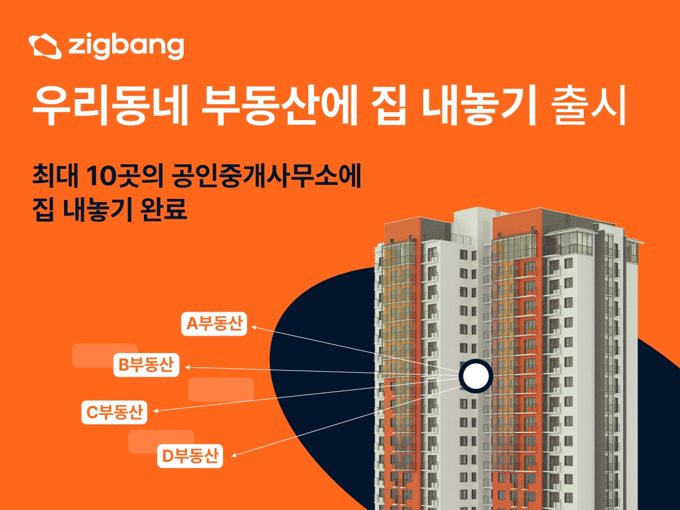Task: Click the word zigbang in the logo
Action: point(126,46)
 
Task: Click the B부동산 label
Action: point(146,365)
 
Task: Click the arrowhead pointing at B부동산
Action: point(188,367)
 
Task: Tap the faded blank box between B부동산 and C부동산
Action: point(220,389)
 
